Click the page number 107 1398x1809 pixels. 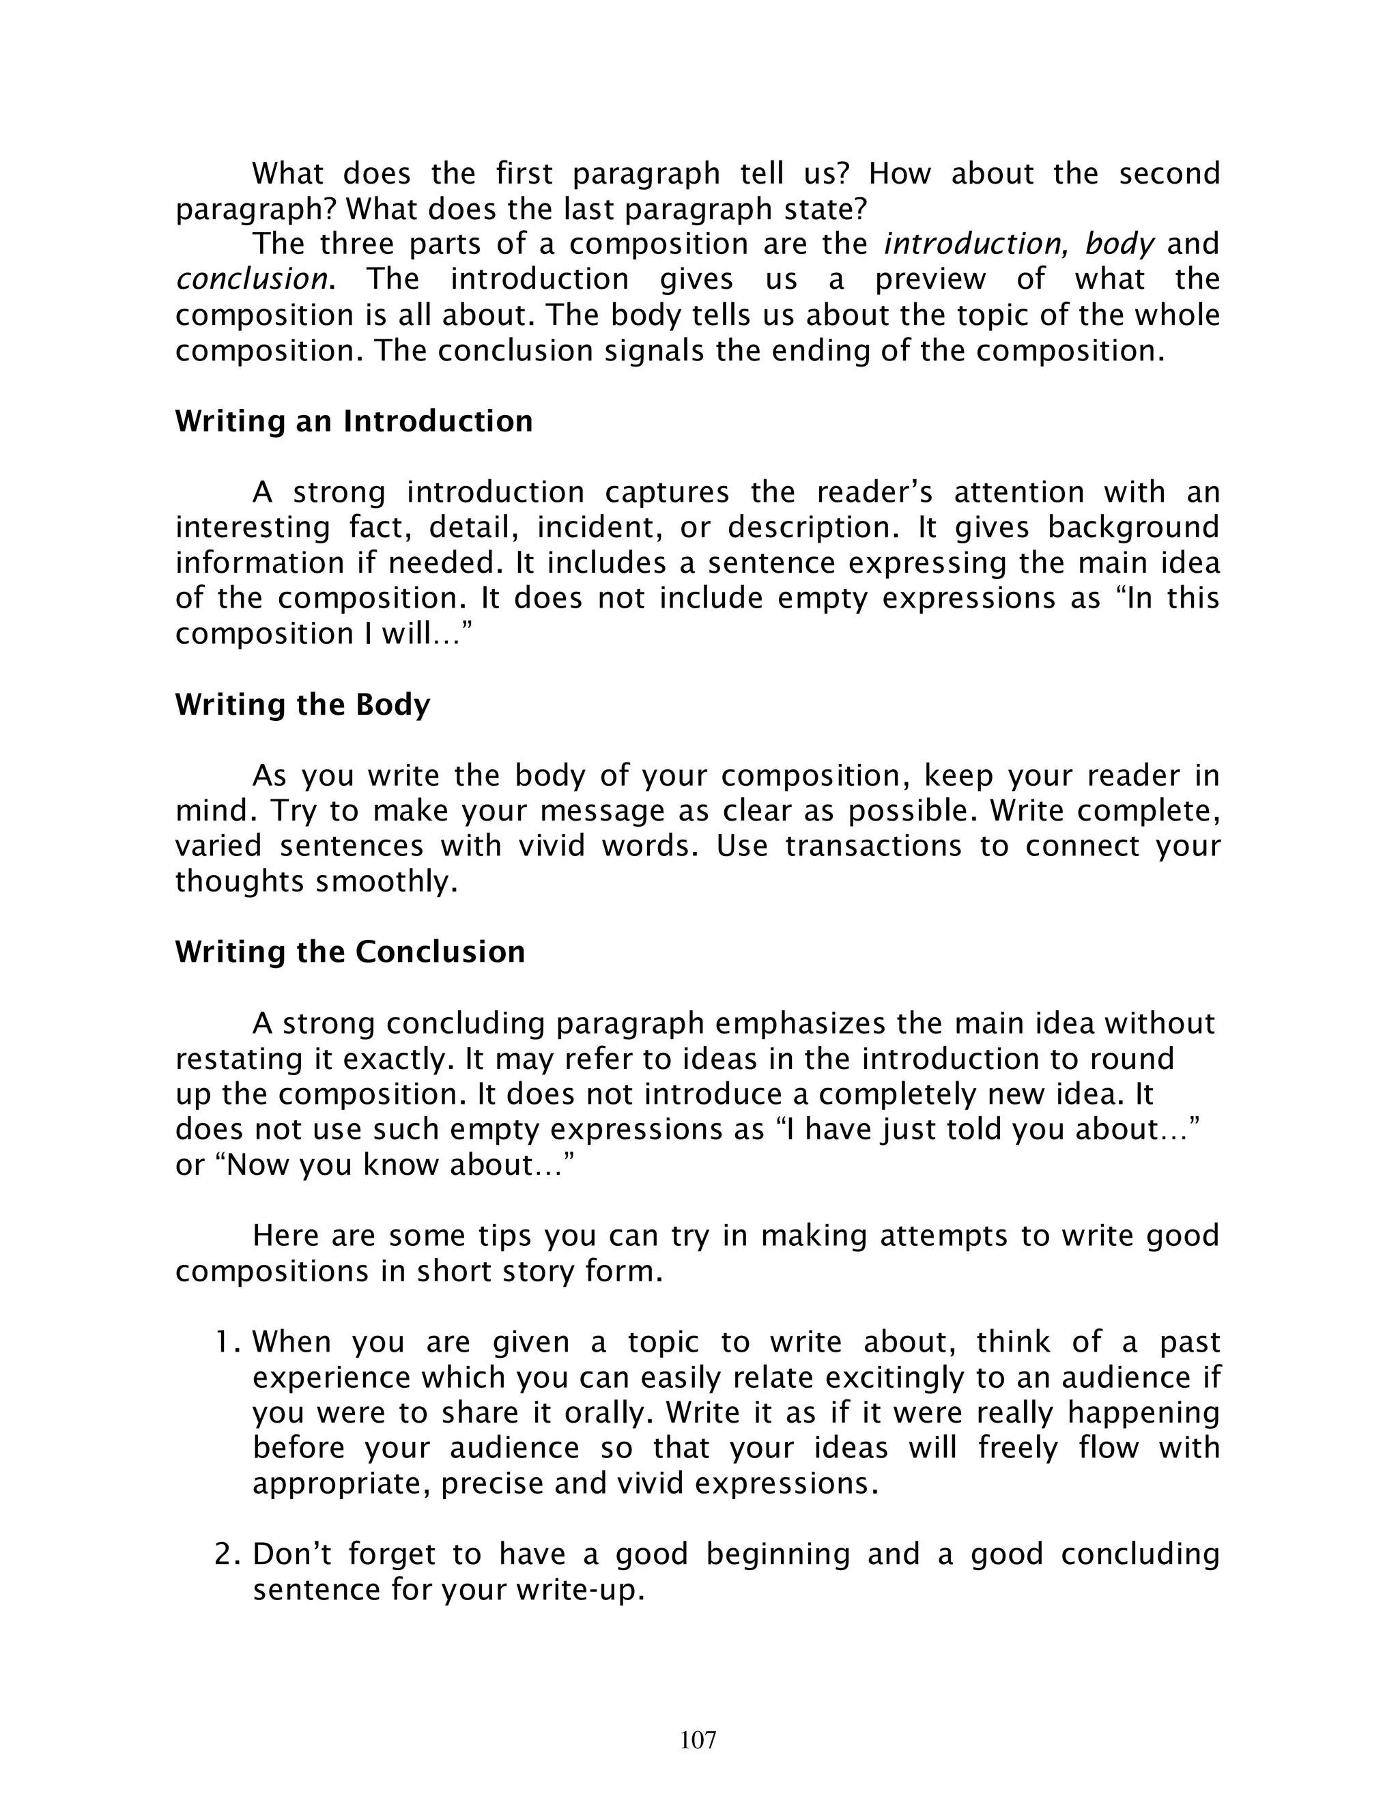(x=698, y=1740)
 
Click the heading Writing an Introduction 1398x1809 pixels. (x=354, y=422)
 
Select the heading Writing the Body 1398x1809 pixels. (x=302, y=705)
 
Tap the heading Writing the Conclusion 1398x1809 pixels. (x=349, y=952)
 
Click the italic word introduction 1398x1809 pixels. (x=975, y=244)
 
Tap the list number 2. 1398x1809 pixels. (x=226, y=1554)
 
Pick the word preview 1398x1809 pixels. (x=931, y=279)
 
